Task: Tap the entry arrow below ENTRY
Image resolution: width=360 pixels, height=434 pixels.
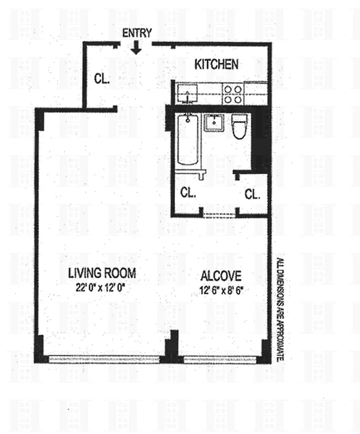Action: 136,47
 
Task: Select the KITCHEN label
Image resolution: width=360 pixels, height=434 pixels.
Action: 216,65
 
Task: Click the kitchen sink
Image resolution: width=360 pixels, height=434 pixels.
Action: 187,94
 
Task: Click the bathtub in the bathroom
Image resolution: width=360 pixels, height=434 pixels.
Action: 187,139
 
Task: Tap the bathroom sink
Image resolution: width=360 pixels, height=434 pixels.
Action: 214,123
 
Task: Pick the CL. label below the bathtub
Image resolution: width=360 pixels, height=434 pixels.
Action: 188,193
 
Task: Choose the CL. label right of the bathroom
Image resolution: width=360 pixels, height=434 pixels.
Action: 252,194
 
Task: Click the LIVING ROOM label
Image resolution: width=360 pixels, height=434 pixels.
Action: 102,273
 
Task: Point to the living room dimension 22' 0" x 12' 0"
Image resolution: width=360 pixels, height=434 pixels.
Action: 102,288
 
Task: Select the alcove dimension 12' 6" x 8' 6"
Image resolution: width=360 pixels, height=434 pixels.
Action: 220,290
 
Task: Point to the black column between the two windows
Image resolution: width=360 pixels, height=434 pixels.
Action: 172,347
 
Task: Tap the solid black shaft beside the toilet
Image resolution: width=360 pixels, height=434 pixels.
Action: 262,138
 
